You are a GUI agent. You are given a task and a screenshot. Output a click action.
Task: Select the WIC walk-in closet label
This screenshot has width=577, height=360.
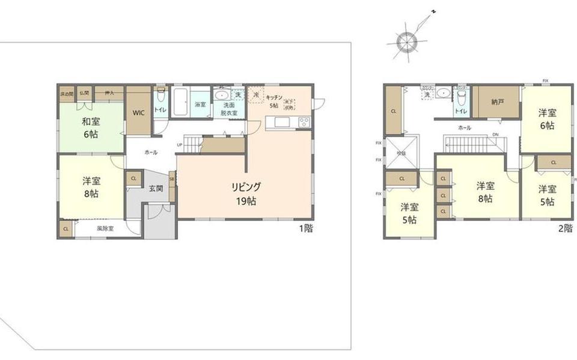138,113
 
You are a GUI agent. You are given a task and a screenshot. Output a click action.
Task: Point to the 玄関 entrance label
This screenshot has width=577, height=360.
156,188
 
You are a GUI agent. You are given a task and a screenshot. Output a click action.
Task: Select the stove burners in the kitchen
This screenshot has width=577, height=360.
304,123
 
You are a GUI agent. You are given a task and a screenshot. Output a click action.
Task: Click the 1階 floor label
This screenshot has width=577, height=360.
307,228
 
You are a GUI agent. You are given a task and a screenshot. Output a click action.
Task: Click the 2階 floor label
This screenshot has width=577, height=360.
565,228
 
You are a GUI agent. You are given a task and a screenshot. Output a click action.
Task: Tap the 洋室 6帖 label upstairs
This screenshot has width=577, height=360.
546,119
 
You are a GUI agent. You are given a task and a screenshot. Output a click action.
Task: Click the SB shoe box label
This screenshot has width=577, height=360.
172,179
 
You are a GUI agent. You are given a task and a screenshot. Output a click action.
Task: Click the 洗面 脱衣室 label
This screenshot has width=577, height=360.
228,108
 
